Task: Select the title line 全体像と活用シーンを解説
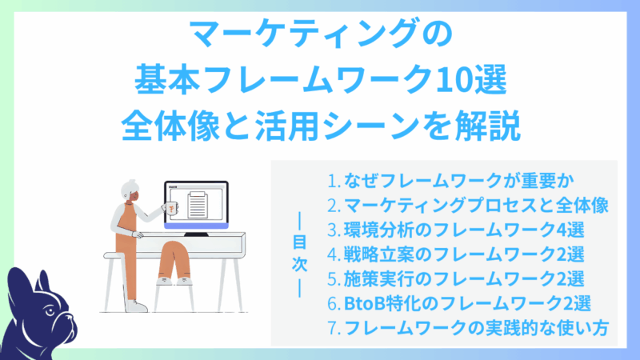[x=319, y=125]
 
